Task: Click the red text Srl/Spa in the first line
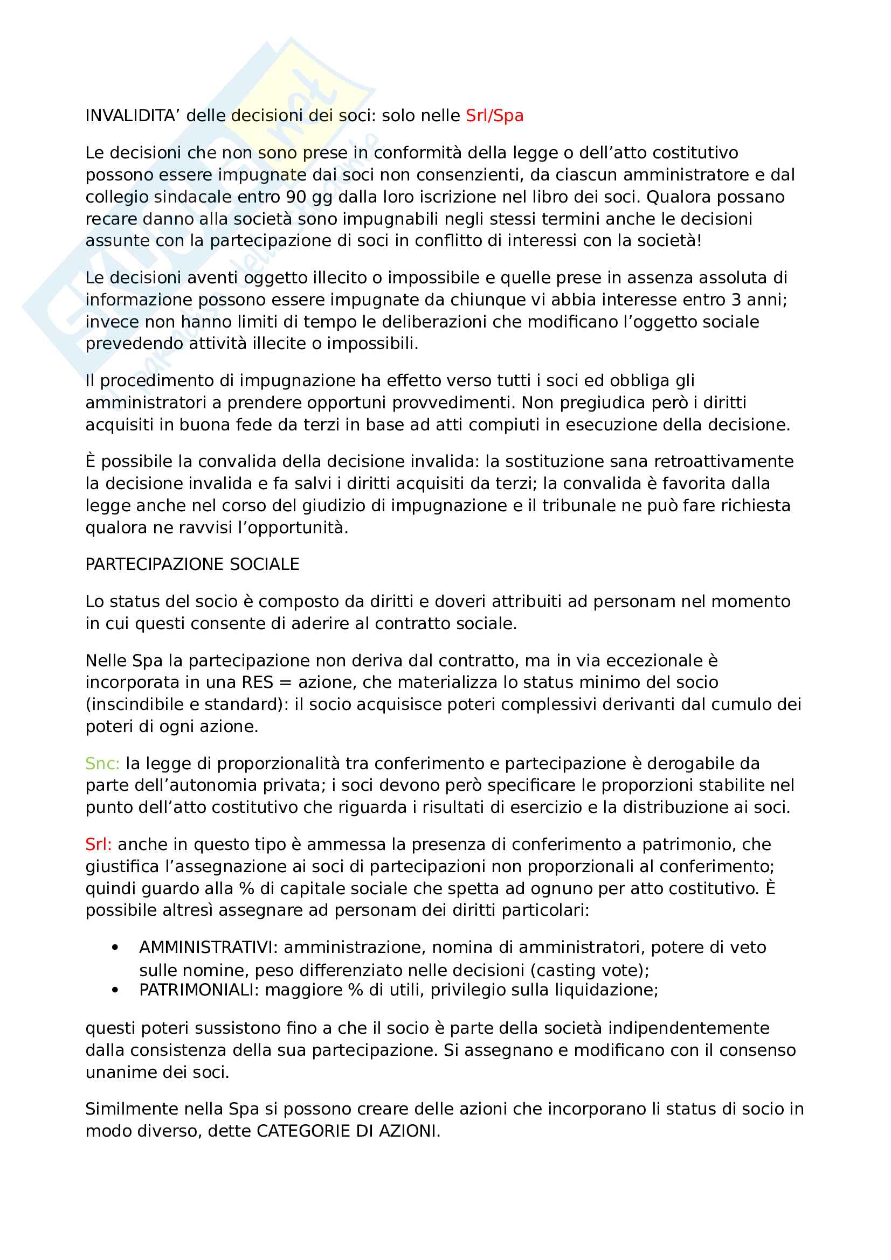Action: (494, 116)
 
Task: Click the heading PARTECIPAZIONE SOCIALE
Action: (192, 565)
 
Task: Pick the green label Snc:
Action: (102, 764)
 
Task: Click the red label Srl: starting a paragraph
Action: (98, 845)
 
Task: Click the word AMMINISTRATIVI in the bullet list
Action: (209, 948)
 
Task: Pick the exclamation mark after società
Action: (699, 241)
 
